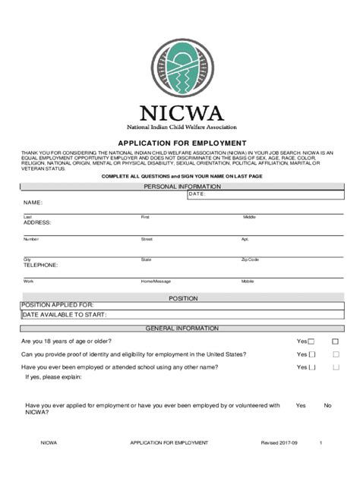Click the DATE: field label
point(197,194)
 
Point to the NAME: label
point(33,203)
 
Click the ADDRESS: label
point(36,222)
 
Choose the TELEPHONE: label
point(40,266)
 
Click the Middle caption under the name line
point(249,217)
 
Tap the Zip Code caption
point(250,259)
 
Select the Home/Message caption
point(156,281)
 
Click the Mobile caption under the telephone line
point(248,281)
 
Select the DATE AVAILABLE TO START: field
point(64,314)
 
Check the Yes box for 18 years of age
point(311,342)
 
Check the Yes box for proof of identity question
point(311,355)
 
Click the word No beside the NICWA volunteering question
point(327,405)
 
